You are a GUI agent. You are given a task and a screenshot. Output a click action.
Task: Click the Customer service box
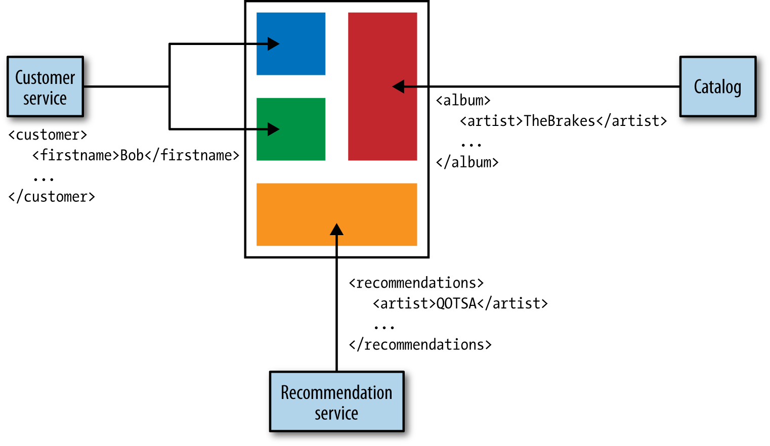click(x=45, y=86)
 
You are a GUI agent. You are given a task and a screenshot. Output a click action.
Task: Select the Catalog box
click(x=717, y=86)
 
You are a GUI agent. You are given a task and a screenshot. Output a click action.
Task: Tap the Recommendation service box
click(x=336, y=402)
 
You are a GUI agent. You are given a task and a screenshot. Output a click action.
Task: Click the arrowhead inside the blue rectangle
click(x=274, y=44)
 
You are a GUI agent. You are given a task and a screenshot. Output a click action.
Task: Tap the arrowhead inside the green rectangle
click(x=274, y=129)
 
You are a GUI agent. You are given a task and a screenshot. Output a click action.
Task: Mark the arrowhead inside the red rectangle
click(x=398, y=86)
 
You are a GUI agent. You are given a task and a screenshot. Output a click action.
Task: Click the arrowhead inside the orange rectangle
click(x=336, y=230)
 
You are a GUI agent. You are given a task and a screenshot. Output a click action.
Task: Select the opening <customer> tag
click(x=48, y=135)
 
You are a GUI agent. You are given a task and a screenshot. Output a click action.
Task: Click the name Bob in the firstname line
click(x=132, y=155)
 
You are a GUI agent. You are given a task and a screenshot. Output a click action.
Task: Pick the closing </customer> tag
click(x=52, y=197)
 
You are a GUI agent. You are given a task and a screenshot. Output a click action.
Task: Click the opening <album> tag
click(x=463, y=101)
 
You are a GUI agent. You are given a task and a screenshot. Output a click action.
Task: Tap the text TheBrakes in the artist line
click(x=560, y=121)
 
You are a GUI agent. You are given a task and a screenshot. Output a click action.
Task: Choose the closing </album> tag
click(x=467, y=162)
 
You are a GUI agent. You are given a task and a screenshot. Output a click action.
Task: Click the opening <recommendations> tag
click(x=416, y=283)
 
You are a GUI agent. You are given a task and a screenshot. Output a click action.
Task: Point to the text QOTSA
click(x=456, y=303)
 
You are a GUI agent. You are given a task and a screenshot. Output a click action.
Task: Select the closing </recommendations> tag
click(x=420, y=345)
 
